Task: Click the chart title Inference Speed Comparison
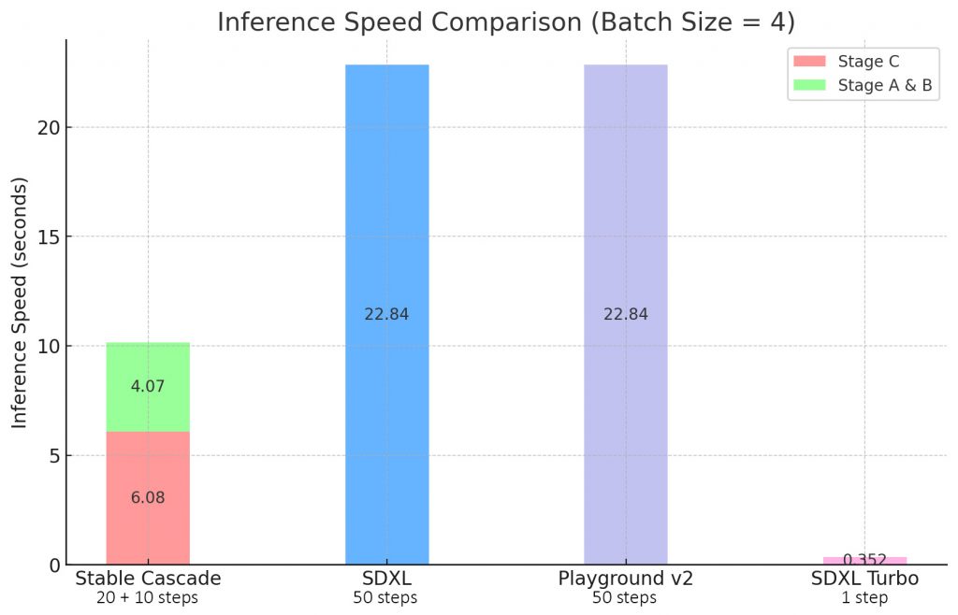tap(505, 21)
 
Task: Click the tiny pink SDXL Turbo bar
tap(864, 561)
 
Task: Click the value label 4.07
tap(148, 386)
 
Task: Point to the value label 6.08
tap(148, 498)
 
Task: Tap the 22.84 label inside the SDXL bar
tap(386, 314)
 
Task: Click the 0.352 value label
tap(864, 560)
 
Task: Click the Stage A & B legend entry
tap(861, 85)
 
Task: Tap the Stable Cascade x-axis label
tap(148, 579)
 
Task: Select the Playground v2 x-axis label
tap(625, 579)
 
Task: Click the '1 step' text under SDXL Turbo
tap(864, 598)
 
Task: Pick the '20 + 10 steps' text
tap(148, 598)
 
